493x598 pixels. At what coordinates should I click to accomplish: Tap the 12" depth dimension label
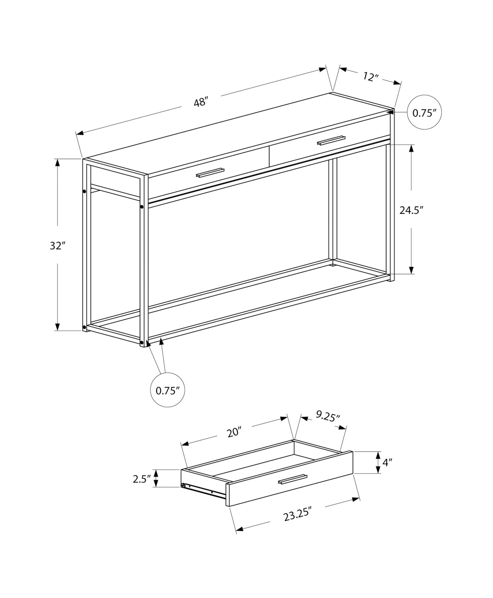click(x=371, y=77)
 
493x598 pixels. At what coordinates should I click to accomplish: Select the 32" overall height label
click(x=57, y=246)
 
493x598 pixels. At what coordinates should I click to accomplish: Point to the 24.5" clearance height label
click(x=412, y=210)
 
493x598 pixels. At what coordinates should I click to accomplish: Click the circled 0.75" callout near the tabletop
click(x=424, y=113)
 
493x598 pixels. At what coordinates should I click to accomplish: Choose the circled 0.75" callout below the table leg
click(x=168, y=390)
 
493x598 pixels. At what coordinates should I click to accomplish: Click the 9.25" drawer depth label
click(x=327, y=416)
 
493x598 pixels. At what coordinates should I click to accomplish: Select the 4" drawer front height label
click(x=387, y=471)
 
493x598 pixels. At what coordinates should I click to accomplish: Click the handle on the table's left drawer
click(x=210, y=173)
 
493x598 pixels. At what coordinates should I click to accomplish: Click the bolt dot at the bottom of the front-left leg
click(x=141, y=342)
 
